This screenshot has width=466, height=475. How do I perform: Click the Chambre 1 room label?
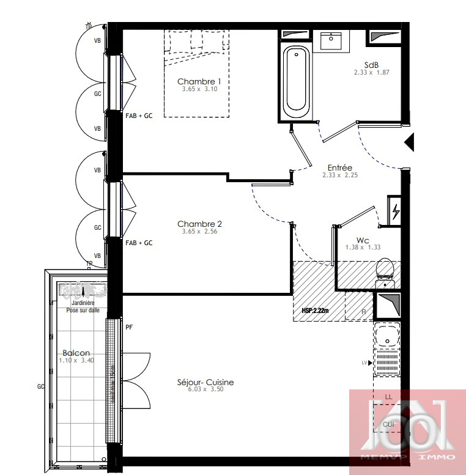pos(199,81)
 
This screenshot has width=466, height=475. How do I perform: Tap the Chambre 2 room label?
pos(199,224)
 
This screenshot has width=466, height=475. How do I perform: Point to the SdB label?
pos(371,65)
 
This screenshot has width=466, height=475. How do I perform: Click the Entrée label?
pos(339,168)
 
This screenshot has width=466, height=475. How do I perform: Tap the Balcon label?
pos(76,353)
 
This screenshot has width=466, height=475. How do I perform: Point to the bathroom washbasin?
pos(332,40)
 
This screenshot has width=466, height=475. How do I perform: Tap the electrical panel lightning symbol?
pos(396,212)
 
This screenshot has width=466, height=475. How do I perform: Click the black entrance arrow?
pos(410,142)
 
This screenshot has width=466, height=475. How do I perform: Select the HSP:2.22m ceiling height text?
pos(316,310)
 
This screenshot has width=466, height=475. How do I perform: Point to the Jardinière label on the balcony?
pos(83,303)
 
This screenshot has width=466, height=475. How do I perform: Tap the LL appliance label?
pos(388,397)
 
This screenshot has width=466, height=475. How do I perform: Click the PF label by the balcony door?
pos(129,327)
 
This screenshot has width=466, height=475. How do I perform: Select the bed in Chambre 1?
pos(197,73)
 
